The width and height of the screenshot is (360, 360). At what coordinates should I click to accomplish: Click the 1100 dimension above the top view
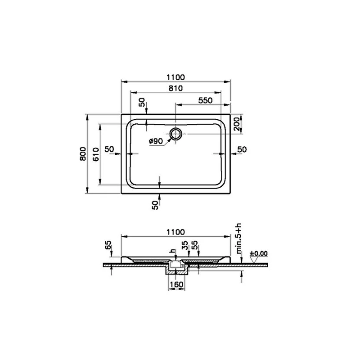coord(175,77)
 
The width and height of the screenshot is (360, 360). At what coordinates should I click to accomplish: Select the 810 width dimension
coord(175,88)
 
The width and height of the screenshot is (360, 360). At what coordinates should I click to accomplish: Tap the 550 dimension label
coord(205,100)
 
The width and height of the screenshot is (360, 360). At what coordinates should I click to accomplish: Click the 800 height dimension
coord(83,153)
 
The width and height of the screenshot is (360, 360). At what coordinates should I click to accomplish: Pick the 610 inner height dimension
coord(96,154)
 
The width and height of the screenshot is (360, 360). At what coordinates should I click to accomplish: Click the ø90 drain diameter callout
coord(156,141)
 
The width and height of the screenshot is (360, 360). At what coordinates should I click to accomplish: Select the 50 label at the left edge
coord(109,149)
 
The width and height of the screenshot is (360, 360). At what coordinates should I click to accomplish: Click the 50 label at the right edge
coord(242,149)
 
